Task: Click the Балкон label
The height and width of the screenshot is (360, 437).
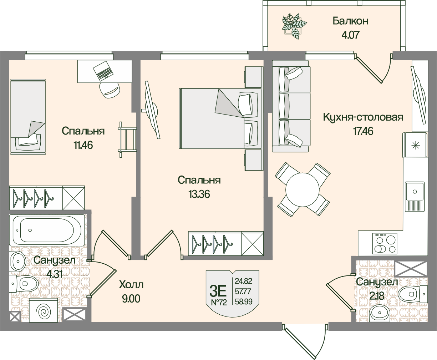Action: [350, 21]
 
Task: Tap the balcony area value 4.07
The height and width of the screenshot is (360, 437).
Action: [350, 35]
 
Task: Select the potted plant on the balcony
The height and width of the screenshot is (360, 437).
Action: [294, 24]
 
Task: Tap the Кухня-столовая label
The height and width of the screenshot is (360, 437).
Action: [363, 117]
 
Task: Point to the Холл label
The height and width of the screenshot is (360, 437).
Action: [131, 285]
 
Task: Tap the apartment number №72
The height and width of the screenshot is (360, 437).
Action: [219, 303]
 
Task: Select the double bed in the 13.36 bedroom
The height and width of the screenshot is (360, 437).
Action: [220, 118]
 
